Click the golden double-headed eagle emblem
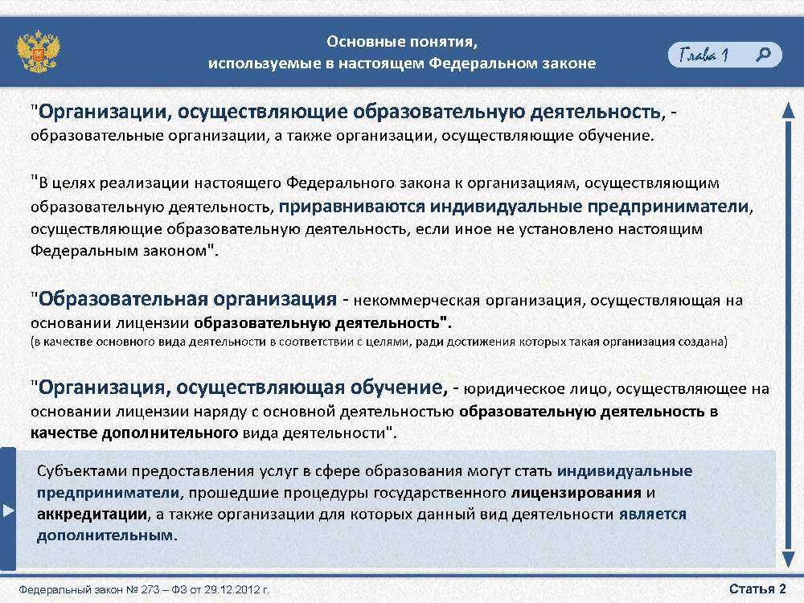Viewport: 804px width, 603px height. [x=38, y=51]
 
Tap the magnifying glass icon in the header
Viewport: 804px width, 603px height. [x=763, y=55]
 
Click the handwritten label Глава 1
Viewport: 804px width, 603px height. [x=703, y=55]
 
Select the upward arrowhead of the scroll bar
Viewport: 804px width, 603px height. [x=789, y=110]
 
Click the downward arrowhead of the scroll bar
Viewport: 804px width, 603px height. [x=789, y=559]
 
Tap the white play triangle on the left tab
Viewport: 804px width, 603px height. [x=8, y=511]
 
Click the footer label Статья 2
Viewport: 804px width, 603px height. [x=757, y=589]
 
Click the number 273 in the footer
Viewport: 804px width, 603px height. [x=150, y=589]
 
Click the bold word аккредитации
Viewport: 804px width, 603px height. [x=92, y=515]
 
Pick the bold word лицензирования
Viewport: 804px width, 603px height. [x=576, y=493]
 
